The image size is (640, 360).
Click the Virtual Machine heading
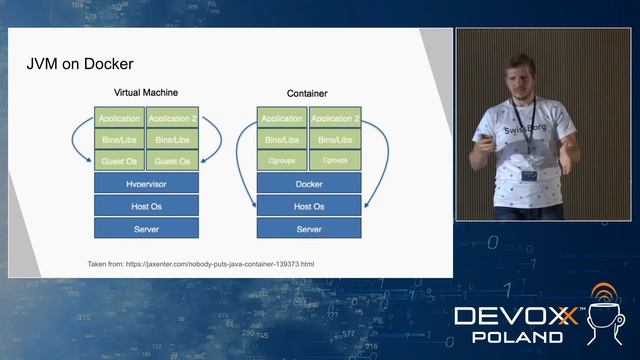tap(146, 93)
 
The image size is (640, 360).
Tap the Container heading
tap(307, 94)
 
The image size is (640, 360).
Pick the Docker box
tap(309, 185)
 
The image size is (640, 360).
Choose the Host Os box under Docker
tap(309, 207)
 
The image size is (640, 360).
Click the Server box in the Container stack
tap(309, 229)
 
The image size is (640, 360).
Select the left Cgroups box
tap(282, 161)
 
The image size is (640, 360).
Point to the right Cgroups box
tap(335, 161)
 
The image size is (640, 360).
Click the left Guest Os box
tap(120, 161)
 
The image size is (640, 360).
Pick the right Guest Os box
tap(172, 161)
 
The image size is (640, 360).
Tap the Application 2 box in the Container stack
tap(335, 118)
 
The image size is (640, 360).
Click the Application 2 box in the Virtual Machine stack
tap(172, 118)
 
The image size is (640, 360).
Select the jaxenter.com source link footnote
tap(201, 264)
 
